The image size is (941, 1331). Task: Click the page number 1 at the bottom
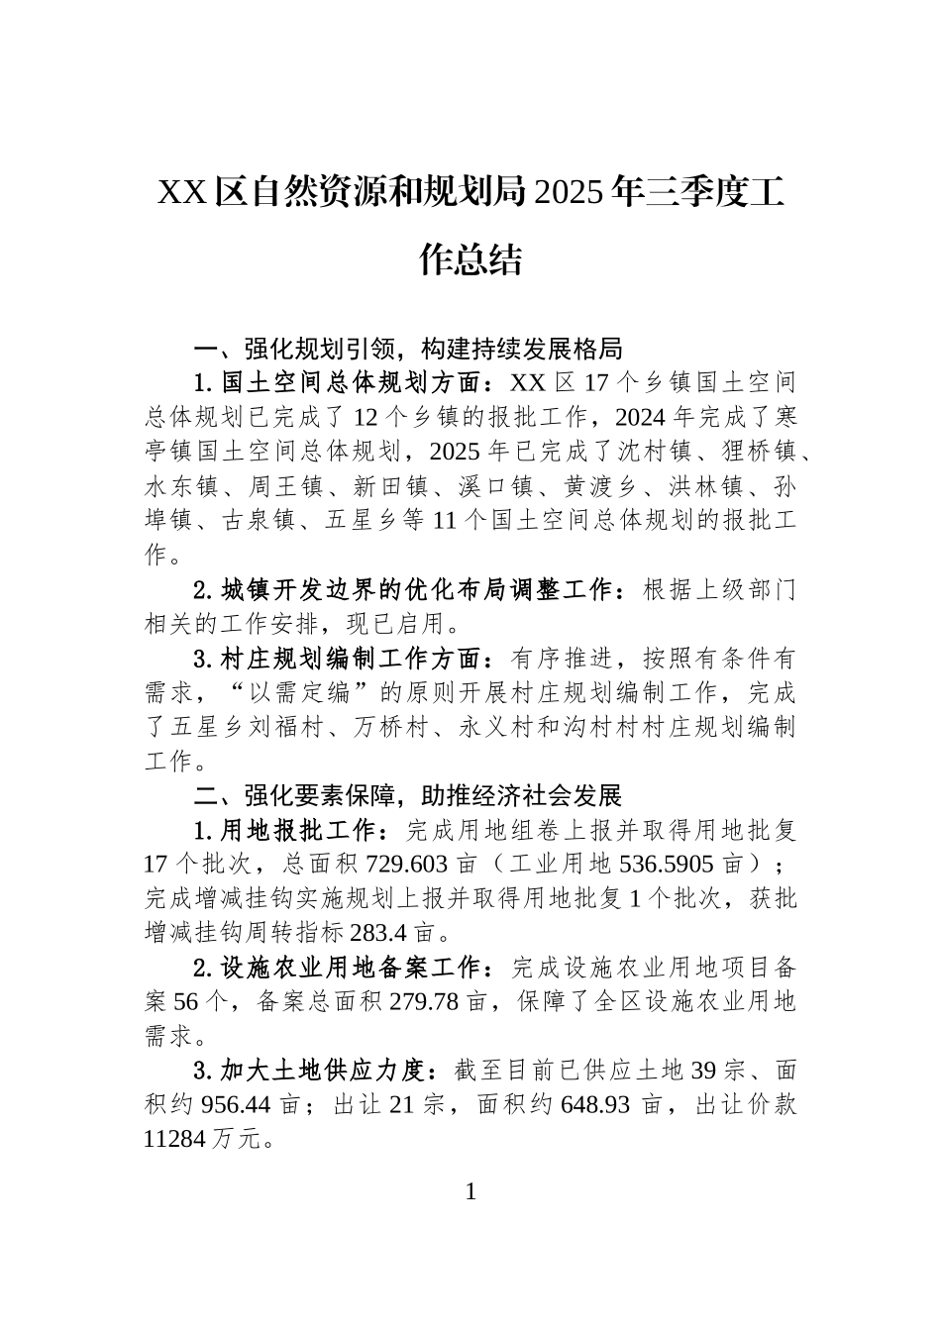(470, 1191)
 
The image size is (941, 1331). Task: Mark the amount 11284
(175, 1140)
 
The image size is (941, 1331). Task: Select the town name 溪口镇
(496, 486)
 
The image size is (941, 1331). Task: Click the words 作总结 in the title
(470, 259)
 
